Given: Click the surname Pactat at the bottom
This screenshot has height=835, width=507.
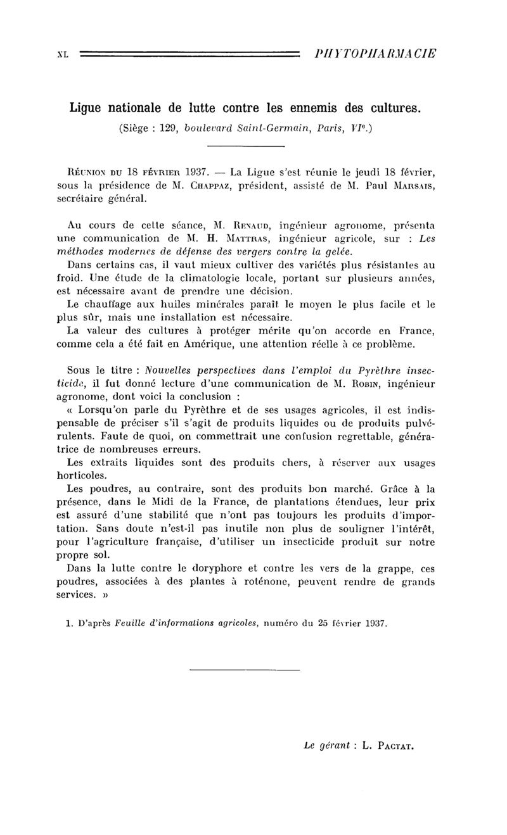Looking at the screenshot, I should (394, 746).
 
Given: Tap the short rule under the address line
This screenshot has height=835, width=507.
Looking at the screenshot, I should (246, 148).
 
